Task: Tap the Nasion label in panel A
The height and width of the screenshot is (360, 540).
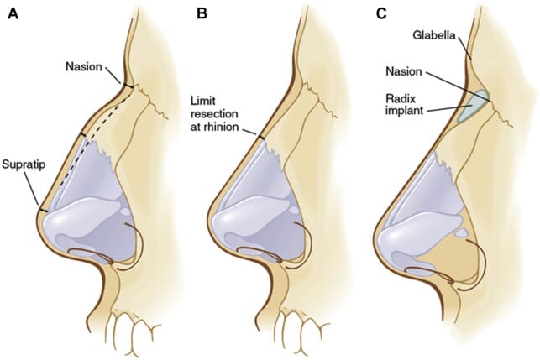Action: pyautogui.click(x=85, y=65)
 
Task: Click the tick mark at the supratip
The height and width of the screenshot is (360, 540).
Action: pyautogui.click(x=39, y=208)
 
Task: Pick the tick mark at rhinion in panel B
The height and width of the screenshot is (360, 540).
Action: pyautogui.click(x=260, y=135)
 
